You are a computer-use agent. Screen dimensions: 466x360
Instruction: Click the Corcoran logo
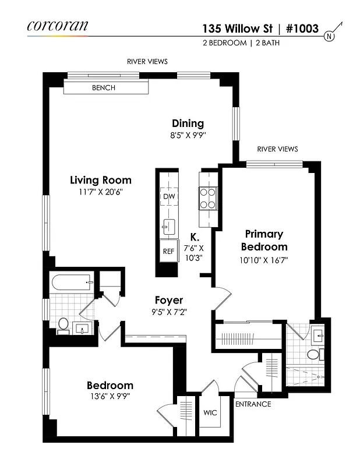tap(57, 26)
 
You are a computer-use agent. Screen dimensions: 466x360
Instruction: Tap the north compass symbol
tap(330, 35)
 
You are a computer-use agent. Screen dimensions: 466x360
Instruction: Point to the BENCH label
tap(104, 88)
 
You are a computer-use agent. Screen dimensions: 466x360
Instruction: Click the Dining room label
tap(188, 123)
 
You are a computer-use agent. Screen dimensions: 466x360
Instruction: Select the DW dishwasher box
tap(169, 197)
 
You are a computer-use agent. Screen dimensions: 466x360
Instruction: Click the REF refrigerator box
tap(169, 251)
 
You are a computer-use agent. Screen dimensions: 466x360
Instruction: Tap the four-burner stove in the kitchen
tap(208, 197)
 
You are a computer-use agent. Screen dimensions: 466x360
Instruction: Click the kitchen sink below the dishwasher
tap(169, 224)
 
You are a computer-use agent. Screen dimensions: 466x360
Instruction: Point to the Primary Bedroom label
tap(263, 240)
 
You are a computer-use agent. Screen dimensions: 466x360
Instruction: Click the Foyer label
tap(170, 301)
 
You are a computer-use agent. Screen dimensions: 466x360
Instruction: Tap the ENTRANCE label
tap(252, 404)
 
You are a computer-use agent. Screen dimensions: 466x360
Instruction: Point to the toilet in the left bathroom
tap(63, 324)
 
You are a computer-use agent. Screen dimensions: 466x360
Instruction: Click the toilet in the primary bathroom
tap(313, 354)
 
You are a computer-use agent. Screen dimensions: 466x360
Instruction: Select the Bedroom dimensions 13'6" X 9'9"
tap(109, 397)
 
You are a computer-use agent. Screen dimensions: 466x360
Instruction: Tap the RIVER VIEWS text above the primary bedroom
tap(277, 149)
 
